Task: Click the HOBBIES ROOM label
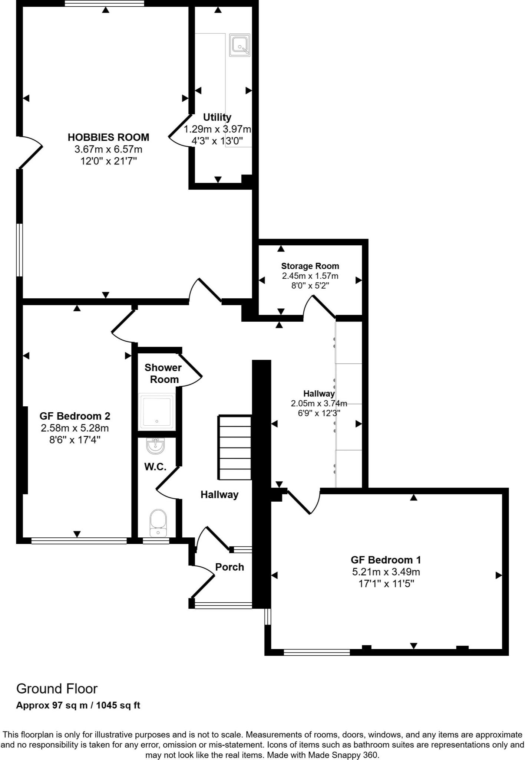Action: click(x=108, y=137)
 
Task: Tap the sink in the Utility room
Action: click(x=240, y=45)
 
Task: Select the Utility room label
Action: click(x=217, y=117)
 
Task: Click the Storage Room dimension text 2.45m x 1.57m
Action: click(x=310, y=276)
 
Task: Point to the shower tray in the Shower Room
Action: click(x=157, y=411)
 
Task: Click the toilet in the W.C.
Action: click(x=158, y=522)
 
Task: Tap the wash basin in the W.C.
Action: click(x=156, y=445)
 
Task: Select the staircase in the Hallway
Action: click(x=235, y=448)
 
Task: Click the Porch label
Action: click(x=230, y=567)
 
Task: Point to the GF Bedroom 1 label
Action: click(x=386, y=560)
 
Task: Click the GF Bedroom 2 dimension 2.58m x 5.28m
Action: click(x=75, y=428)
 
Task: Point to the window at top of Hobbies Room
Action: click(x=104, y=3)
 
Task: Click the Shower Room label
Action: click(x=163, y=373)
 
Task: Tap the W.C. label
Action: click(x=155, y=467)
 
